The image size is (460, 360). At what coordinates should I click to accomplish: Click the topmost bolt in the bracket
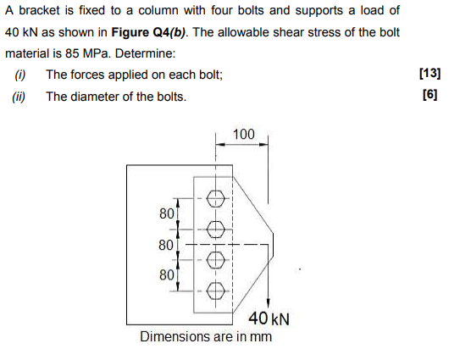(x=216, y=198)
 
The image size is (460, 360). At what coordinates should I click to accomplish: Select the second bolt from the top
(x=216, y=230)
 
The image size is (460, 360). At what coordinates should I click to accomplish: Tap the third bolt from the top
(x=216, y=260)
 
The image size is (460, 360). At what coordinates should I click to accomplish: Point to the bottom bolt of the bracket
(x=216, y=291)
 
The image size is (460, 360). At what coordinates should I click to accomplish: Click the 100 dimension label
(x=243, y=135)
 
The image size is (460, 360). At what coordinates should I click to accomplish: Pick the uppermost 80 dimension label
(x=167, y=213)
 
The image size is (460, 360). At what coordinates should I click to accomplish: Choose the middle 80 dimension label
(x=166, y=245)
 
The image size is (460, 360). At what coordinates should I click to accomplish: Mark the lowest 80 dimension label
(x=167, y=275)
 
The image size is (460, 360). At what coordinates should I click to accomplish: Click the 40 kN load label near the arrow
(x=269, y=318)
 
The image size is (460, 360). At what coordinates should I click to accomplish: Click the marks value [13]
(x=430, y=74)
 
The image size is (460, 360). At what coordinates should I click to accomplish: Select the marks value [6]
(x=430, y=95)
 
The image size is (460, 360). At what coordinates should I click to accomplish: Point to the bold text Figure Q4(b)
(x=148, y=32)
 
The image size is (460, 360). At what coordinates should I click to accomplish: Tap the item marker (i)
(x=20, y=75)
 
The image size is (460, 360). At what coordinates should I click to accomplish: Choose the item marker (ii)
(x=19, y=97)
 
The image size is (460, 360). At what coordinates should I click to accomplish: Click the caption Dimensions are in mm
(x=206, y=336)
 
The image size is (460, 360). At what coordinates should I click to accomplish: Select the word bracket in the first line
(x=39, y=10)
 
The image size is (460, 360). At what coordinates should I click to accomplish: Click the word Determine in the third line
(x=145, y=53)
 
